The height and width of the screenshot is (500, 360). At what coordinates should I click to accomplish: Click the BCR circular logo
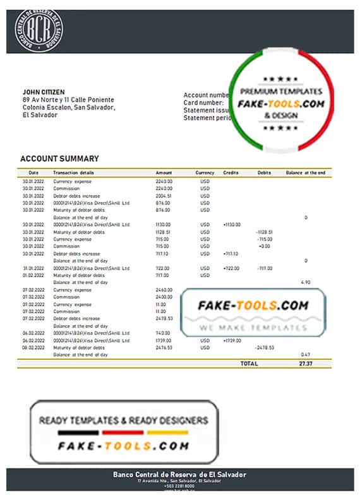coord(39,28)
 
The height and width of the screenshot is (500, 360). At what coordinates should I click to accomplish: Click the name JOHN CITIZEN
coord(44,92)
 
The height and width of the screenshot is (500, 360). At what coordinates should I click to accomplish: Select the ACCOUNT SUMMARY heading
coord(59,158)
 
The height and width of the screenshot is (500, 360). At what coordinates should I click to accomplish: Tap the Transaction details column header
coord(73,172)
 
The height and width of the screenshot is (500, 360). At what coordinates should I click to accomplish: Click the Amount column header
coord(164,172)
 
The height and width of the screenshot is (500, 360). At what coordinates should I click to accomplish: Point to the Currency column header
coord(205,172)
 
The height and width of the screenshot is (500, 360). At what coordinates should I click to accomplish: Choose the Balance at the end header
coord(305,172)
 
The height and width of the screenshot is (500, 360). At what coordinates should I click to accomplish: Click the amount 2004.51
coord(164,196)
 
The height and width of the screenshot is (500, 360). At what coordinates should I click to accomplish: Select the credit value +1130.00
coord(232,224)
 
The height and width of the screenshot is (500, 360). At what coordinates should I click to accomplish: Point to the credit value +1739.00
coord(232,340)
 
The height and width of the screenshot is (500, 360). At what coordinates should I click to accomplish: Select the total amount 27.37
coord(306,364)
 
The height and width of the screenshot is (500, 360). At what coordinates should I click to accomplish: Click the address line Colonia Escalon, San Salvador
coord(68,107)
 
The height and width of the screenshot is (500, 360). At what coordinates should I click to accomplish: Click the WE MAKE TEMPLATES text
coord(252,328)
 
